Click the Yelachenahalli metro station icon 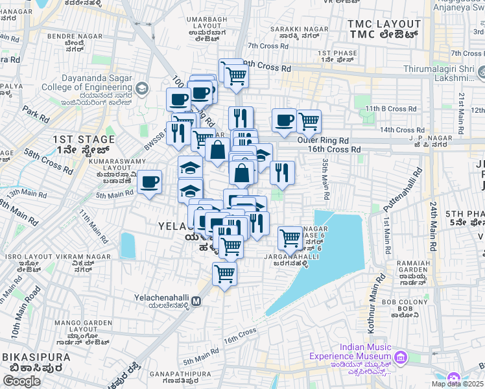coord(196,301)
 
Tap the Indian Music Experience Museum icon coord(401,357)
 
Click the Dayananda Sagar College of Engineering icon coord(141,88)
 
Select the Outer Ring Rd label coord(323,139)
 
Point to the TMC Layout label coord(384,29)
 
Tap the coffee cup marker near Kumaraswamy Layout coord(149,182)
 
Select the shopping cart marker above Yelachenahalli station coord(224,274)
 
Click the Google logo coord(21,381)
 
